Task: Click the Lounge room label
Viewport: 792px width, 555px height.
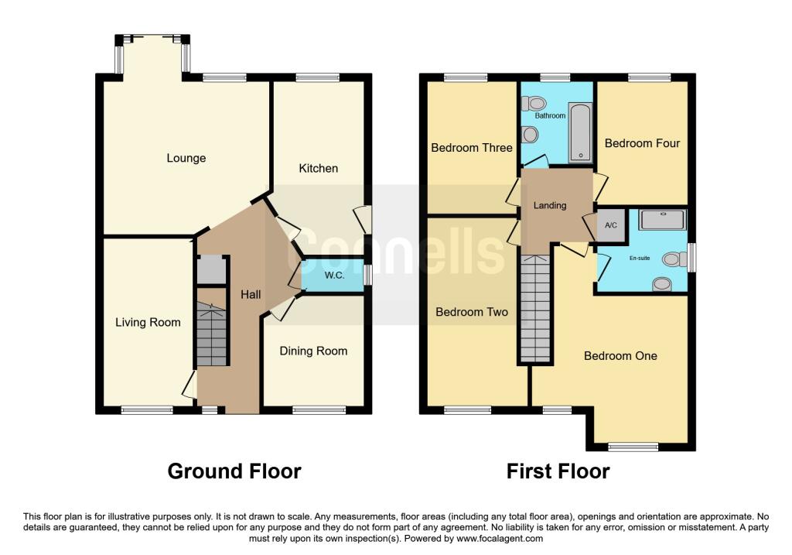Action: [x=186, y=158]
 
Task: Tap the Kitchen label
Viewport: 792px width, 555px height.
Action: [x=318, y=168]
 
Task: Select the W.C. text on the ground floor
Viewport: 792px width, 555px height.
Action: [x=334, y=276]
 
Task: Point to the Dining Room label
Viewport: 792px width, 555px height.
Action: [x=313, y=351]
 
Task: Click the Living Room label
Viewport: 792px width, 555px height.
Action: [x=148, y=323]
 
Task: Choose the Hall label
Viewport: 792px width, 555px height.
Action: [x=251, y=295]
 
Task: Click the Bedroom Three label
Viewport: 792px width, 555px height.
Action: [x=472, y=148]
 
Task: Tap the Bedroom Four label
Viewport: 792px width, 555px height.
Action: [x=642, y=143]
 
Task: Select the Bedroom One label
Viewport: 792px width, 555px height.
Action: [x=620, y=356]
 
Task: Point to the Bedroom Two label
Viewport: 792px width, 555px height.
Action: [x=472, y=312]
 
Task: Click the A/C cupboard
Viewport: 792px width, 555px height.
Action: [x=611, y=225]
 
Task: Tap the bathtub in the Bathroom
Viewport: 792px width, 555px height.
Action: [x=580, y=132]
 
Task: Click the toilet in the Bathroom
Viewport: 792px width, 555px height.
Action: [x=534, y=104]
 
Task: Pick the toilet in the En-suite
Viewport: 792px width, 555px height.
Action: [x=674, y=259]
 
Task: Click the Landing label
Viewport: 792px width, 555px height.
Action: [x=550, y=205]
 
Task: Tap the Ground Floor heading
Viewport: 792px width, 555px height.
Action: [x=234, y=471]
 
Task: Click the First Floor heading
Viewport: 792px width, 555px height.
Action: [x=558, y=471]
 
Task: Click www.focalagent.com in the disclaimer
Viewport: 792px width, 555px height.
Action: [x=500, y=539]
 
